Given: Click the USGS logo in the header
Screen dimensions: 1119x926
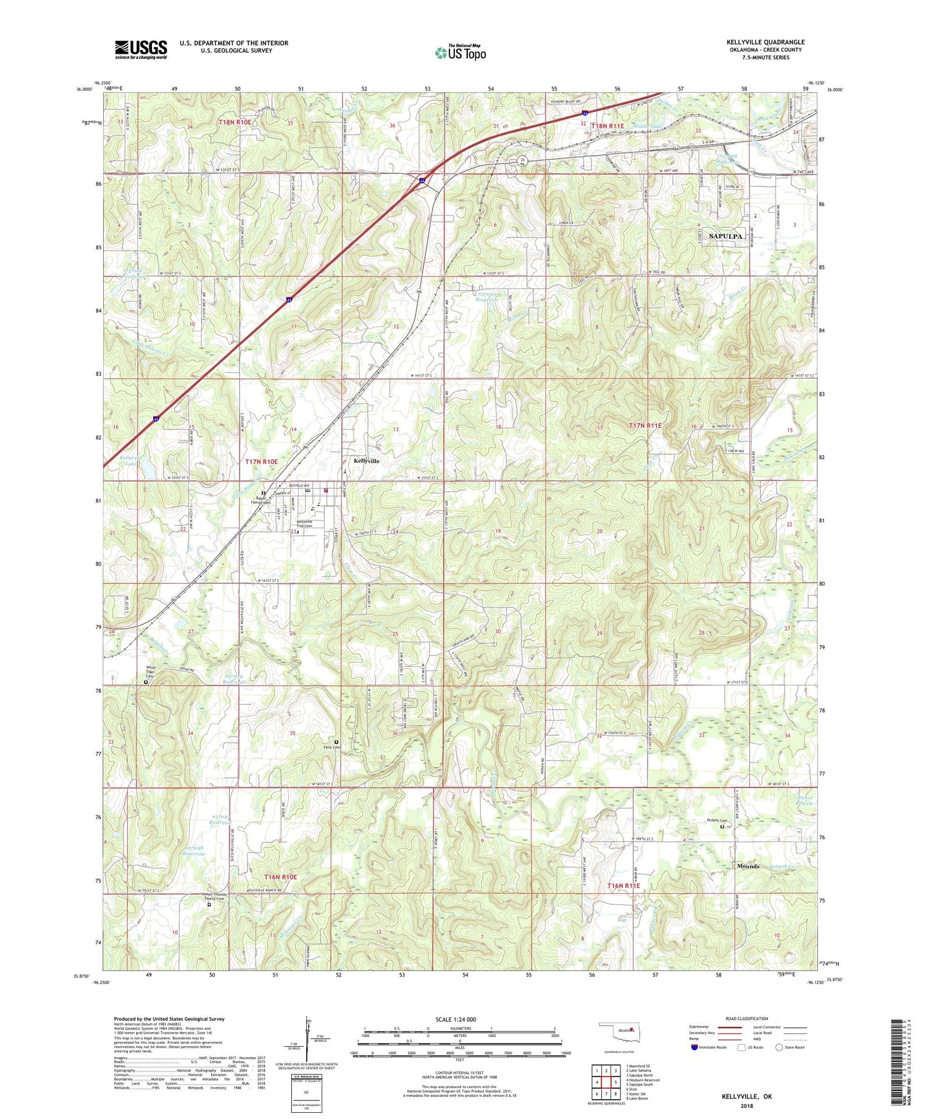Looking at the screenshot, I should click(x=141, y=49).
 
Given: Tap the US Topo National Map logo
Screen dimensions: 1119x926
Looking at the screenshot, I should click(x=460, y=52).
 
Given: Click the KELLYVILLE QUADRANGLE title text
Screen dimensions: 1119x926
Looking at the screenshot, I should click(x=765, y=42).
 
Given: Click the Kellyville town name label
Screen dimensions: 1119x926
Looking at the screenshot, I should click(x=367, y=461).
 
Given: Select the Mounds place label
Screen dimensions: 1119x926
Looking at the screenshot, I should click(x=748, y=866).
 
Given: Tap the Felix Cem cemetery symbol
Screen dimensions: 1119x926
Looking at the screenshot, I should click(x=336, y=742).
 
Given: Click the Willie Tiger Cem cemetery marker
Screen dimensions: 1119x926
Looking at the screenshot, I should click(x=146, y=683).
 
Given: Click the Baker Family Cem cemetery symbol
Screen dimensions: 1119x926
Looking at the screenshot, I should click(x=263, y=493).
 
